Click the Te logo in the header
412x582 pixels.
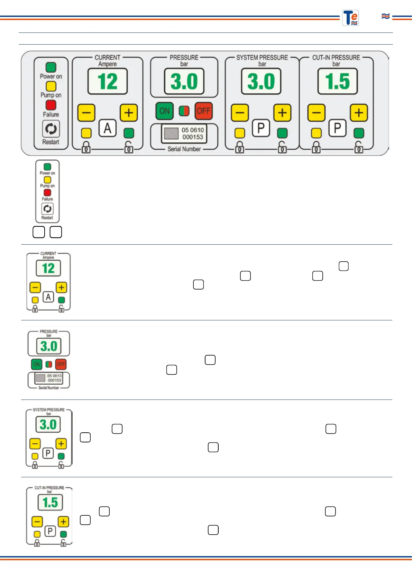pos(350,18)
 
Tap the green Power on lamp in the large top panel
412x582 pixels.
pos(51,67)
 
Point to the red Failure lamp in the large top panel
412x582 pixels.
pos(51,105)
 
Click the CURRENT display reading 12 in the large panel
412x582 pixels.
pos(108,82)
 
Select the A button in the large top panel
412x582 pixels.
pos(108,128)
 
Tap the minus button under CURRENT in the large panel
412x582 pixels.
pos(86,113)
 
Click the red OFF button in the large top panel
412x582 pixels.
pos(203,111)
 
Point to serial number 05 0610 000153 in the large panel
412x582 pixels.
pos(192,133)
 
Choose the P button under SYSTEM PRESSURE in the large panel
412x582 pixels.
pos(261,128)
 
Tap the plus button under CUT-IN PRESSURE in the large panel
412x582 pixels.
pos(359,113)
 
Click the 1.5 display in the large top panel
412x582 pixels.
pos(337,82)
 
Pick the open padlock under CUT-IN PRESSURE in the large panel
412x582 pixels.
pos(359,147)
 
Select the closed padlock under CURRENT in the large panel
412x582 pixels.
pos(86,147)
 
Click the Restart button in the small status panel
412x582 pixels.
pos(47,209)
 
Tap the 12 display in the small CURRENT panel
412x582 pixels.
pos(48,268)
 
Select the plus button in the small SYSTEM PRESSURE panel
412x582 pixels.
pos(61,443)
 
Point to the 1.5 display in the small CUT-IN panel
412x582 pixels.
pos(50,502)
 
